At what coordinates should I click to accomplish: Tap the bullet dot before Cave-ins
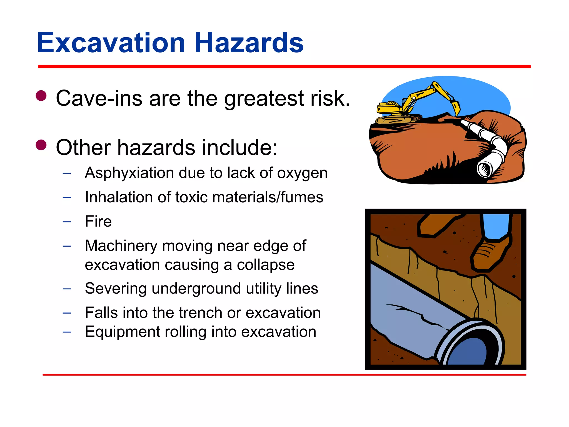[x=41, y=96]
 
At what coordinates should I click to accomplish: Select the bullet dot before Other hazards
[x=41, y=145]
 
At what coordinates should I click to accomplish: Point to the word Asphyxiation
[x=129, y=173]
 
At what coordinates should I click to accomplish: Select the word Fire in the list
[x=98, y=222]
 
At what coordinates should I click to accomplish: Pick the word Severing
[x=115, y=289]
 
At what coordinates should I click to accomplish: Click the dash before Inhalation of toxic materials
[x=67, y=198]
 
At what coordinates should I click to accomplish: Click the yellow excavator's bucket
[x=456, y=108]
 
